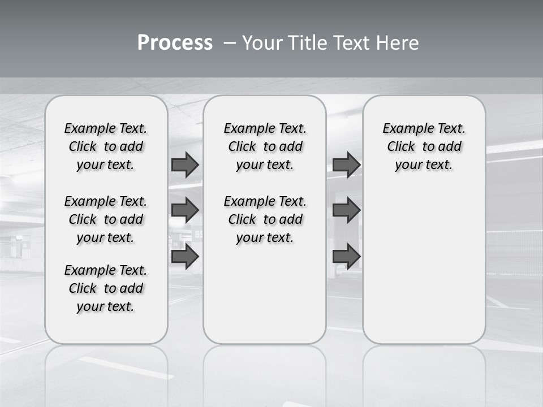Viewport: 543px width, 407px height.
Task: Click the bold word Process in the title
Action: click(175, 42)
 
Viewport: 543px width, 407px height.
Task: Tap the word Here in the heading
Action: click(398, 42)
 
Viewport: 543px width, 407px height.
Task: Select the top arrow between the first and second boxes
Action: click(185, 164)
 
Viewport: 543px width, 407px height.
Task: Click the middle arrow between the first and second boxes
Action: click(185, 210)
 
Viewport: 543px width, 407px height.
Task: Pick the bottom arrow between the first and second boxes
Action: click(185, 257)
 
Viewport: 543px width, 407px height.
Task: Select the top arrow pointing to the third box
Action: click(346, 164)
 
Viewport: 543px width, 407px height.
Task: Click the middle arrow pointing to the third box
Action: click(346, 210)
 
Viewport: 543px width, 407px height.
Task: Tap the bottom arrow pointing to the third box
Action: click(346, 257)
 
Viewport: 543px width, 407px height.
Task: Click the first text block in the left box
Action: click(106, 146)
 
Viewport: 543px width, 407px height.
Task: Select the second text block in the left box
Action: click(106, 219)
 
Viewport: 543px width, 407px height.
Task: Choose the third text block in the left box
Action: click(106, 288)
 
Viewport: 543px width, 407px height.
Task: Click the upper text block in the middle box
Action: click(265, 146)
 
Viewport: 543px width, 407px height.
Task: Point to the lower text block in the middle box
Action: click(265, 219)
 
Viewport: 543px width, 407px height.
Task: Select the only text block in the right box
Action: click(424, 146)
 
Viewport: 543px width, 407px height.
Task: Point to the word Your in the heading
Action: click(262, 42)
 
